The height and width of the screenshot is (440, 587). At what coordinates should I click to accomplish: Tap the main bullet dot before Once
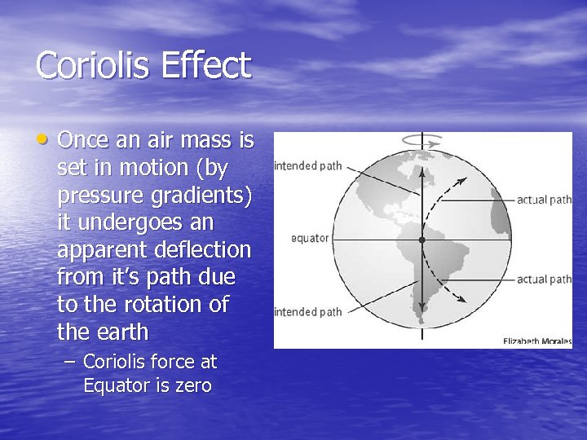46,140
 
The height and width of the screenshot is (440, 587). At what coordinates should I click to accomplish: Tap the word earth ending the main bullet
120,332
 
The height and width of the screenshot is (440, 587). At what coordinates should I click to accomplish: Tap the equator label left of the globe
310,239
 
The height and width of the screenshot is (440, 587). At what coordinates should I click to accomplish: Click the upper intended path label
308,166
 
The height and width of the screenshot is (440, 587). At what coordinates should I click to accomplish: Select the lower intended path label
308,311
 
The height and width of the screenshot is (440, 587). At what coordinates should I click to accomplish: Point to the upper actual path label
544,199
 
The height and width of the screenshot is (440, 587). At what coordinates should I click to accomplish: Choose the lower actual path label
544,279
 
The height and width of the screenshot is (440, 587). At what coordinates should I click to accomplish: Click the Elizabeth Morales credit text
537,341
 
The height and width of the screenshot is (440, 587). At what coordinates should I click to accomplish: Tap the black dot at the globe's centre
421,240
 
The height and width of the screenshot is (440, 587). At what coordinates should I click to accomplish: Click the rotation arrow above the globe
421,139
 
